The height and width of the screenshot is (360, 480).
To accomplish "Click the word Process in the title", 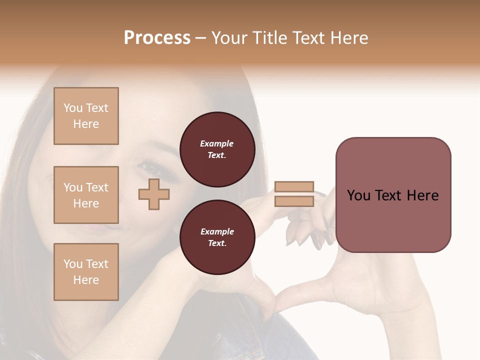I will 157,38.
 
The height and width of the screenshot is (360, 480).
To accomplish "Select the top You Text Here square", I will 86,116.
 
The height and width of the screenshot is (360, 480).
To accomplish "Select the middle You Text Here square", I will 86,195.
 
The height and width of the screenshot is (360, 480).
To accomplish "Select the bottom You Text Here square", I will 86,272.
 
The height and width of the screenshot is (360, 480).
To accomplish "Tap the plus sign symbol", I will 154,194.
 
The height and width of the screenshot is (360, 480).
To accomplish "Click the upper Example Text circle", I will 217,149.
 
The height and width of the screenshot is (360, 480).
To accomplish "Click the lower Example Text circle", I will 217,237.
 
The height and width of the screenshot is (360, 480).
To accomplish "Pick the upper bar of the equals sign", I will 294,187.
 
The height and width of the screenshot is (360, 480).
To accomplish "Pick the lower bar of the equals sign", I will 294,201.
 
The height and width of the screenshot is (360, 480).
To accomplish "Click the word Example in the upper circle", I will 217,143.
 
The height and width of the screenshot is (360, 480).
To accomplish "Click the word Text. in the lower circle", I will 217,243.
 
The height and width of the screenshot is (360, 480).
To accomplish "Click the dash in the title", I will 200,38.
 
